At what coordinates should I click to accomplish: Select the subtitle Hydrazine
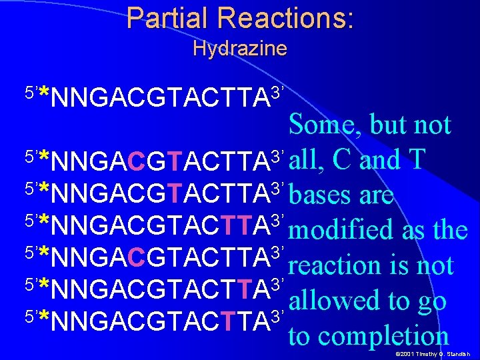(x=239, y=49)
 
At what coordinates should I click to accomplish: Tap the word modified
(x=343, y=231)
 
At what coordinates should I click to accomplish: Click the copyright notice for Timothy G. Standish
(x=433, y=353)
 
